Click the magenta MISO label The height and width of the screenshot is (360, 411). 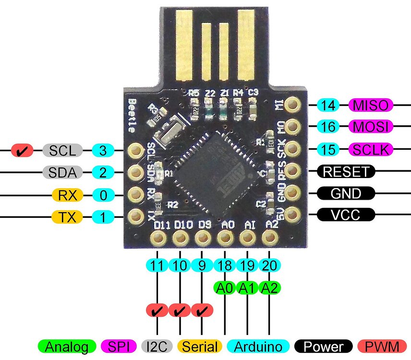click(x=371, y=105)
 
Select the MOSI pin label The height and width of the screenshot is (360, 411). click(x=371, y=127)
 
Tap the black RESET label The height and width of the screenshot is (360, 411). click(x=346, y=171)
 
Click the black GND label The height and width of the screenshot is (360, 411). click(x=346, y=193)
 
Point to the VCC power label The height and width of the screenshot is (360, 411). click(x=346, y=215)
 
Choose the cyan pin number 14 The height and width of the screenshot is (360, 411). click(x=328, y=105)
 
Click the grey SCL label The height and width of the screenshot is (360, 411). click(x=62, y=151)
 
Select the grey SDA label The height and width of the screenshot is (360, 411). click(x=62, y=172)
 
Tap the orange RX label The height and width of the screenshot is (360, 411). click(x=67, y=195)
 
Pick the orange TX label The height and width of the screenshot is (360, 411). click(x=67, y=217)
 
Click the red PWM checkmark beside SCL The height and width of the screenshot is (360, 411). click(x=22, y=151)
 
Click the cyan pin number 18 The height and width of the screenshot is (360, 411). click(x=225, y=264)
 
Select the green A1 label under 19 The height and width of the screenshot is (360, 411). click(x=247, y=288)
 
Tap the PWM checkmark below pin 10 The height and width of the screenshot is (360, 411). click(x=180, y=311)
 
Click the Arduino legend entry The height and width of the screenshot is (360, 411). click(x=258, y=346)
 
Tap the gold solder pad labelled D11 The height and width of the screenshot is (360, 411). click(x=157, y=237)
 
